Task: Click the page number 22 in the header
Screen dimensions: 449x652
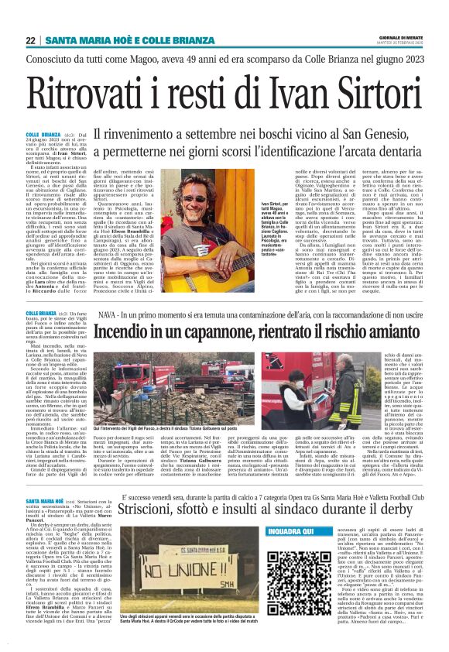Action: coord(31,40)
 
